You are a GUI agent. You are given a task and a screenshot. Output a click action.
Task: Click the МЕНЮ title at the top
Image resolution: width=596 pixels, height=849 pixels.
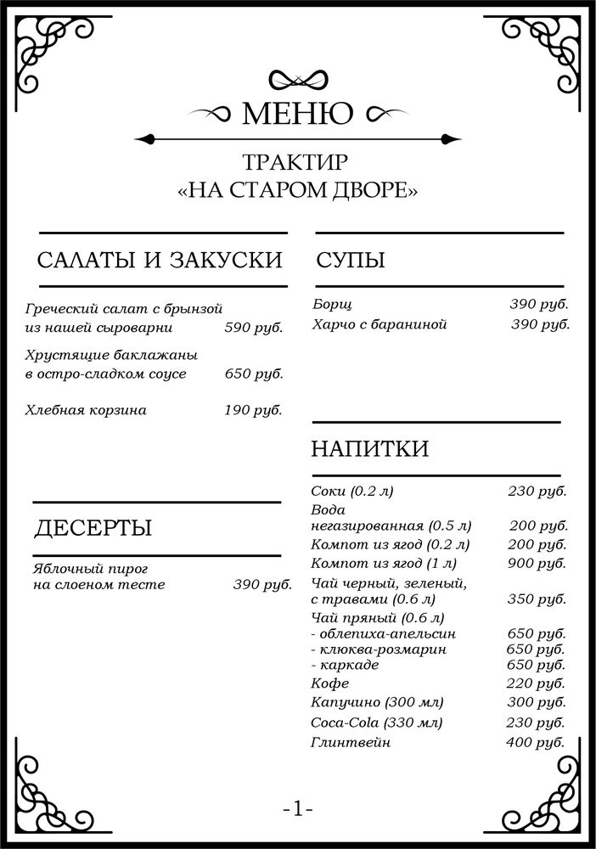click(x=298, y=113)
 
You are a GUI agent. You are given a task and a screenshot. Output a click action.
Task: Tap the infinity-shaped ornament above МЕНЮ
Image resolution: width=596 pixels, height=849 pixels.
click(x=298, y=79)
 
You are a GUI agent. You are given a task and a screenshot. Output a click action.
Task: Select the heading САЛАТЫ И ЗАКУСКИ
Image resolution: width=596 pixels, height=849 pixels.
click(x=160, y=260)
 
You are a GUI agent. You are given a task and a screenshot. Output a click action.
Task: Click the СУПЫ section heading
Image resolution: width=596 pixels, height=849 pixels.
click(x=351, y=260)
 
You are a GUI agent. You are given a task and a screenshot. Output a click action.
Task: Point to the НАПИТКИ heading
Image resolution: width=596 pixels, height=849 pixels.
click(x=370, y=448)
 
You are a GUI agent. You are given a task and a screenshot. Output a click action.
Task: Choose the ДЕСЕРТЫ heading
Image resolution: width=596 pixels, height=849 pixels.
click(x=93, y=528)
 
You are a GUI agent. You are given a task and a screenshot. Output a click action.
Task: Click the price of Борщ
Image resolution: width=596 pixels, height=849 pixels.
click(x=538, y=304)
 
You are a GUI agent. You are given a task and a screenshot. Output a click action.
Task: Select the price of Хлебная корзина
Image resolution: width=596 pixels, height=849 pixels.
click(x=253, y=410)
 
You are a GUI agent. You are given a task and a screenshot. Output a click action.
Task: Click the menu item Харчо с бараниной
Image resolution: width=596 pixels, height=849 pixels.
click(x=379, y=324)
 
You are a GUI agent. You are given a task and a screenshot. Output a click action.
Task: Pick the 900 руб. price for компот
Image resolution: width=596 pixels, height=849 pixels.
click(x=537, y=563)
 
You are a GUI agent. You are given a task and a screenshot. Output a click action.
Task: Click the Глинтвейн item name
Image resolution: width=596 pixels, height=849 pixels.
click(x=351, y=742)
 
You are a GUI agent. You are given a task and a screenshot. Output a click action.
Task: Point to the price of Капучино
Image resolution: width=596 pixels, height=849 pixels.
click(x=537, y=702)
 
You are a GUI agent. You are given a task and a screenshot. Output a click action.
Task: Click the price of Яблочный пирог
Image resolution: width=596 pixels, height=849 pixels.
click(x=262, y=584)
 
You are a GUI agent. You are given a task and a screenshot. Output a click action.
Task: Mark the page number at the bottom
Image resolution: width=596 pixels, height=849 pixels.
click(x=298, y=810)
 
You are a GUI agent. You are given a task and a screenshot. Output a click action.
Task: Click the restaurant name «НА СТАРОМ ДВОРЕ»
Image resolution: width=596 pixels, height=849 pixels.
click(x=298, y=190)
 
